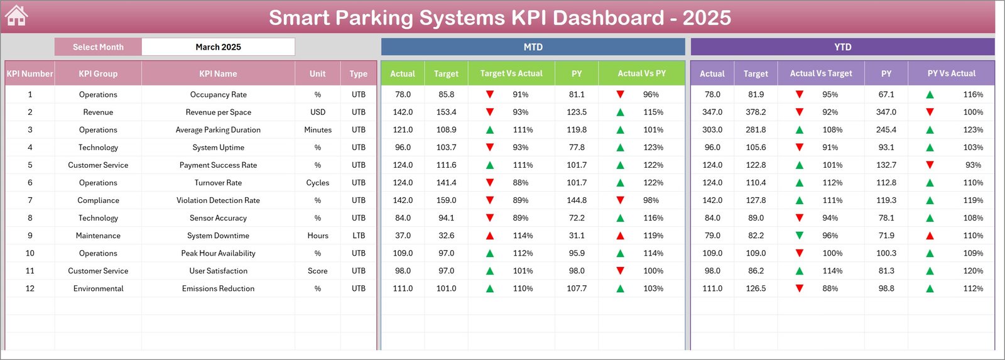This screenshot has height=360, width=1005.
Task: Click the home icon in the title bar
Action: point(16,16)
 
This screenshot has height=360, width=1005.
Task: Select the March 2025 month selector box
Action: point(218,47)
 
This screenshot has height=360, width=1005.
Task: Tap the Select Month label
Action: point(98,47)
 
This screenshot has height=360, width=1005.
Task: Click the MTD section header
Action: point(533,47)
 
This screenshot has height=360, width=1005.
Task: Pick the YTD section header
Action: point(842,47)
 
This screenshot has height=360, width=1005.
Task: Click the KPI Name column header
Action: point(218,74)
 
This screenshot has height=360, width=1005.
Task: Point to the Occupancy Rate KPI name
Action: point(218,95)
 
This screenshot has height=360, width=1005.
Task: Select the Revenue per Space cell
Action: point(218,112)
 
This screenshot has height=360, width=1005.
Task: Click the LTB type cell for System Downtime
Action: point(358,236)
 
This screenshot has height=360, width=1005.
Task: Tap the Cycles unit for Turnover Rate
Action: point(317,183)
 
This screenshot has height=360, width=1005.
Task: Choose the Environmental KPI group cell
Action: point(98,289)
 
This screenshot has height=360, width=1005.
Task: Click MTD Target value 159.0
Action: point(446,200)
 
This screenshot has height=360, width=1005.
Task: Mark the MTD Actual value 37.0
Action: point(403,236)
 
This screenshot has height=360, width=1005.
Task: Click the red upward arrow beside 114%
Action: point(490,236)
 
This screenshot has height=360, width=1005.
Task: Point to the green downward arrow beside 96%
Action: point(800,236)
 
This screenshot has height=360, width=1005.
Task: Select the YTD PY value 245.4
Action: point(886,130)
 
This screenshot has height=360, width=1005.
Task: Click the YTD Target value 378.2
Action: point(756,112)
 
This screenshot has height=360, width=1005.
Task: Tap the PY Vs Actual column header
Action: point(951,74)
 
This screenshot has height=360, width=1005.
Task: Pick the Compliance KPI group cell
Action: point(98,200)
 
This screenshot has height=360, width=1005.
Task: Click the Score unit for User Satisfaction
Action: point(317,271)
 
